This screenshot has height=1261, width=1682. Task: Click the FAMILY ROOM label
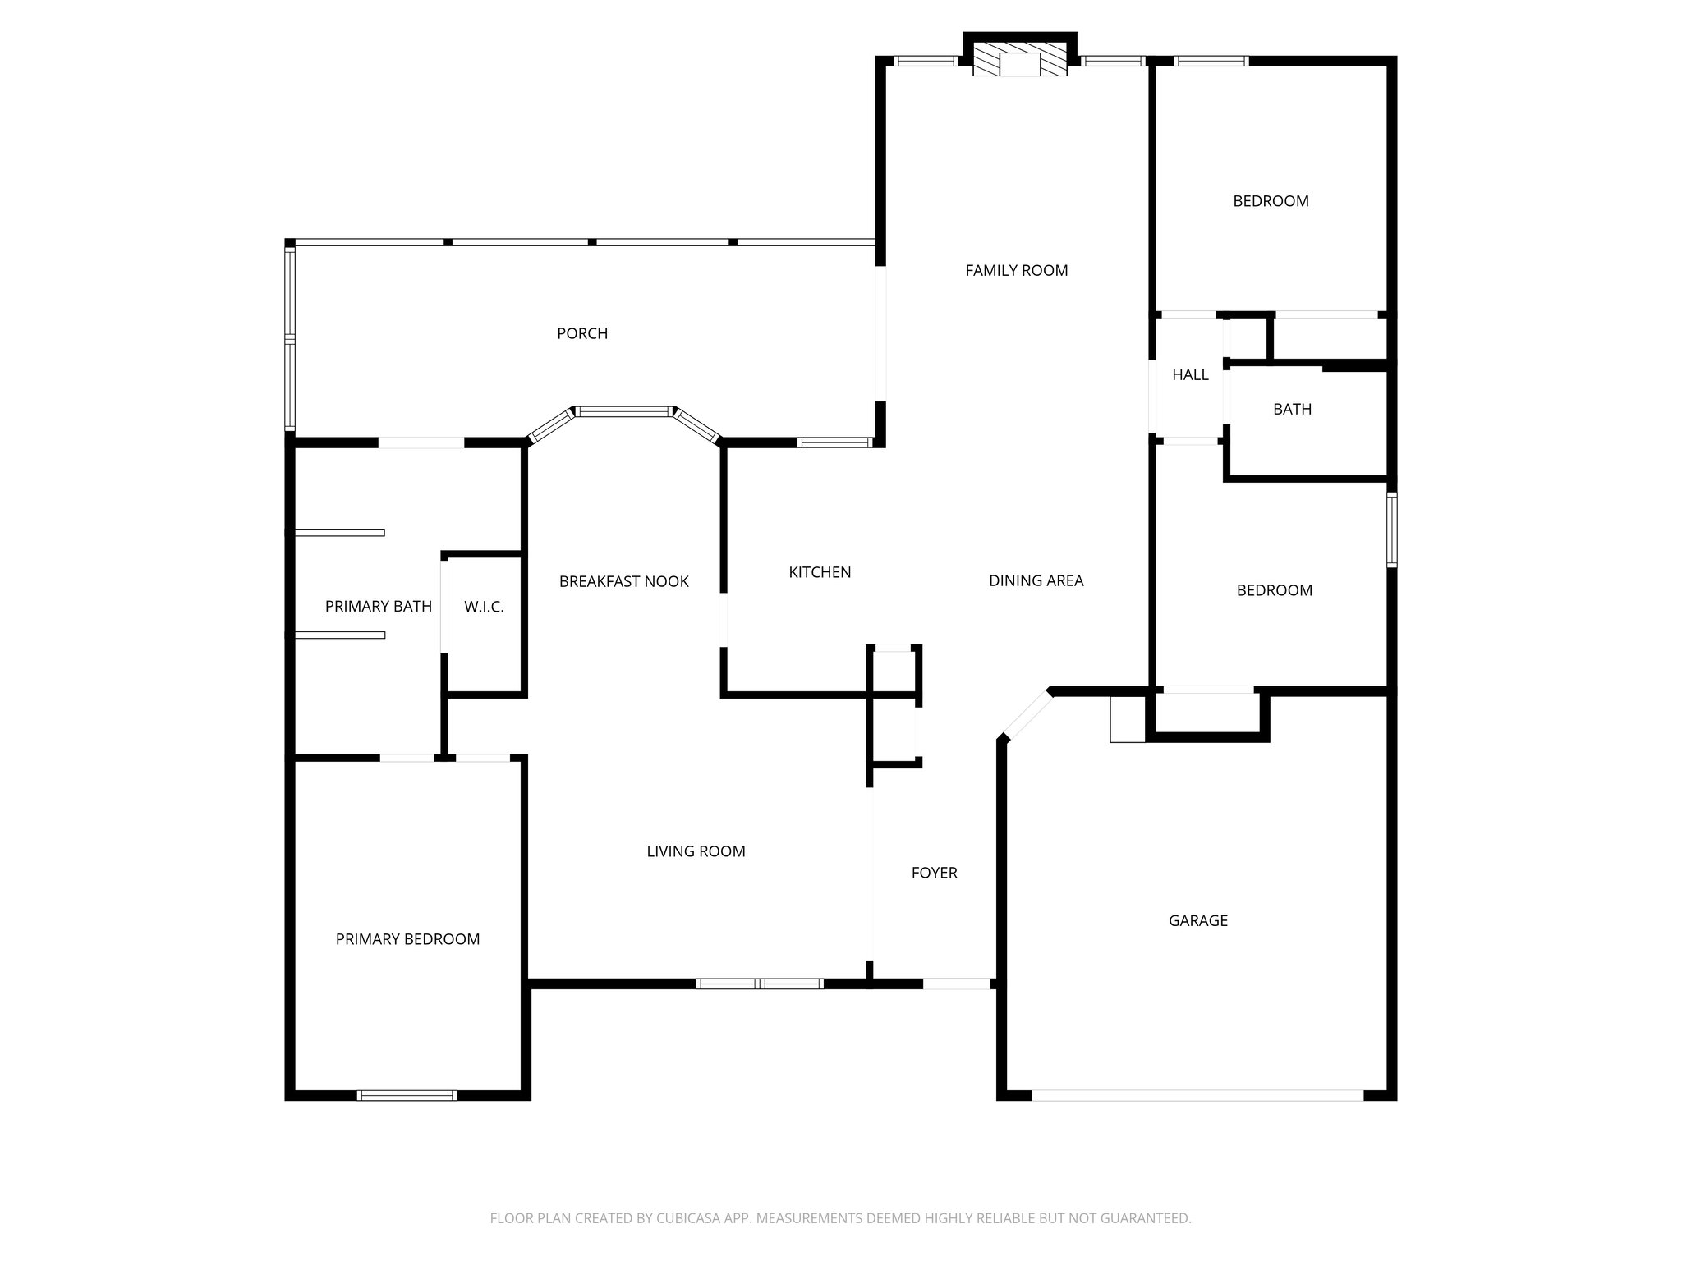[1016, 270]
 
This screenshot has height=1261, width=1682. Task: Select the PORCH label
[582, 333]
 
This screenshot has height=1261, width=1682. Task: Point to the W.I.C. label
[484, 607]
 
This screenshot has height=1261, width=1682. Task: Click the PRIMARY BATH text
[378, 607]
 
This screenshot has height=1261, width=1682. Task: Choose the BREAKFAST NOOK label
[623, 581]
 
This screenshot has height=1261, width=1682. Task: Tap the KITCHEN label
[820, 572]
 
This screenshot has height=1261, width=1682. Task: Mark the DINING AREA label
[1036, 580]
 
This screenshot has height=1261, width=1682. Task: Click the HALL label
[1190, 375]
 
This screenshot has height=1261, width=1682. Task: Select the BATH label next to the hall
[1292, 409]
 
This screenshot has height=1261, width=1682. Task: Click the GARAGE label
[1197, 920]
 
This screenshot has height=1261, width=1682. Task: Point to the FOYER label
[934, 873]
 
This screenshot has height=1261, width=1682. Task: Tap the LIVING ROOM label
[696, 851]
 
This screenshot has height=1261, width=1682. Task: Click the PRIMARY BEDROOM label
[407, 939]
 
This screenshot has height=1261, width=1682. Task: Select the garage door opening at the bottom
[1197, 1095]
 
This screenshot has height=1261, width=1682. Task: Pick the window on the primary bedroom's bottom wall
[407, 1095]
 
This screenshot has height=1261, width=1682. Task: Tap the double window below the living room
[760, 984]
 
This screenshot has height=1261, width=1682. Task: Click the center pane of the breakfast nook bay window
[624, 411]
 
